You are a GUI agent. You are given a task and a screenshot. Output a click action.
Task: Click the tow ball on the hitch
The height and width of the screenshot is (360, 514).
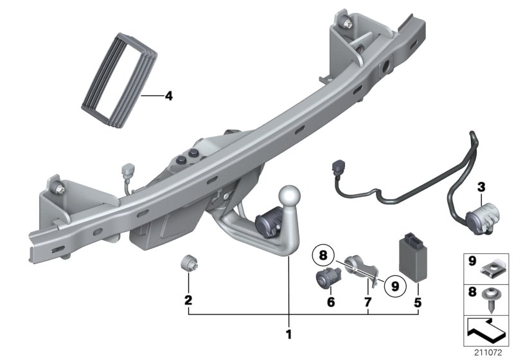pyautogui.click(x=289, y=195)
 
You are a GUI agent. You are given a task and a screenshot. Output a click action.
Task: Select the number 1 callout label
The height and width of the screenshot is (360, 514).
pyautogui.click(x=288, y=334)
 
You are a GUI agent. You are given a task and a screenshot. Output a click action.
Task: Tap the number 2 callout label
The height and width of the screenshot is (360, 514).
pyautogui.click(x=188, y=300)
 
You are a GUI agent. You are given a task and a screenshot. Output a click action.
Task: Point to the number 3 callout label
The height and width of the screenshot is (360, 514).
pyautogui.click(x=481, y=187)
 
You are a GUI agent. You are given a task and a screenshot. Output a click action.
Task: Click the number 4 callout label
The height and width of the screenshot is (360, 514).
pyautogui.click(x=168, y=97)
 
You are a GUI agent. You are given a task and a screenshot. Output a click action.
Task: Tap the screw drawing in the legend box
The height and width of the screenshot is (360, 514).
pyautogui.click(x=492, y=296)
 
